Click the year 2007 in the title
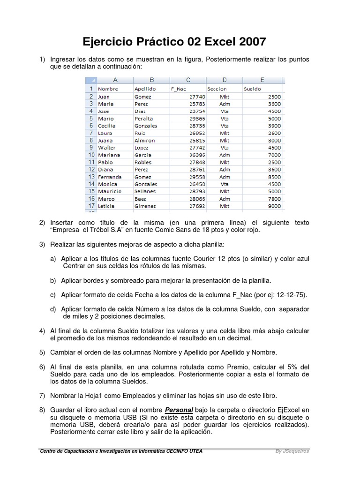[250, 42]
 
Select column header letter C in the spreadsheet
[188, 80]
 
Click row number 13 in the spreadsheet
[90, 177]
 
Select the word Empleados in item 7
[135, 396]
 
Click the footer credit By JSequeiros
[292, 451]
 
